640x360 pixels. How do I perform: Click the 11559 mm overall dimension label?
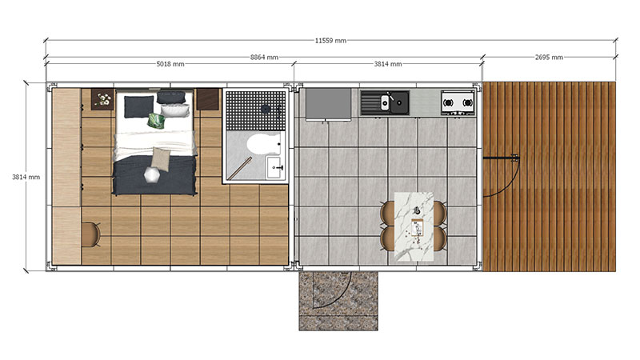click(x=330, y=41)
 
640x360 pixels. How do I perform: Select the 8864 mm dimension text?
click(x=264, y=58)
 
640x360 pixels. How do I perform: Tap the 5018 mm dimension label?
click(x=170, y=64)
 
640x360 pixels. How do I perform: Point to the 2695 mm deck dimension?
click(x=549, y=58)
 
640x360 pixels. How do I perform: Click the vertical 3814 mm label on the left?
click(x=26, y=177)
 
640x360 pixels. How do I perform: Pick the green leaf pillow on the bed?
click(x=156, y=121)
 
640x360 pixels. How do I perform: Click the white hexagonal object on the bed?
click(x=151, y=175)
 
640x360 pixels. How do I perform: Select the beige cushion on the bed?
click(x=161, y=158)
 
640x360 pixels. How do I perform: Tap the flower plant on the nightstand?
click(x=102, y=99)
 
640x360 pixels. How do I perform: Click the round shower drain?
click(x=266, y=109)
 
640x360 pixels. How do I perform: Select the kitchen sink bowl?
click(x=385, y=102)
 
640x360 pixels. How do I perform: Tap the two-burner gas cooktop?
click(x=458, y=102)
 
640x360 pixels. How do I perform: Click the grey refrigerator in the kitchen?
click(x=328, y=105)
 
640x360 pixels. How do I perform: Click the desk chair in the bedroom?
click(x=91, y=234)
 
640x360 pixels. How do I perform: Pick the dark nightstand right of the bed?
click(x=208, y=99)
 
